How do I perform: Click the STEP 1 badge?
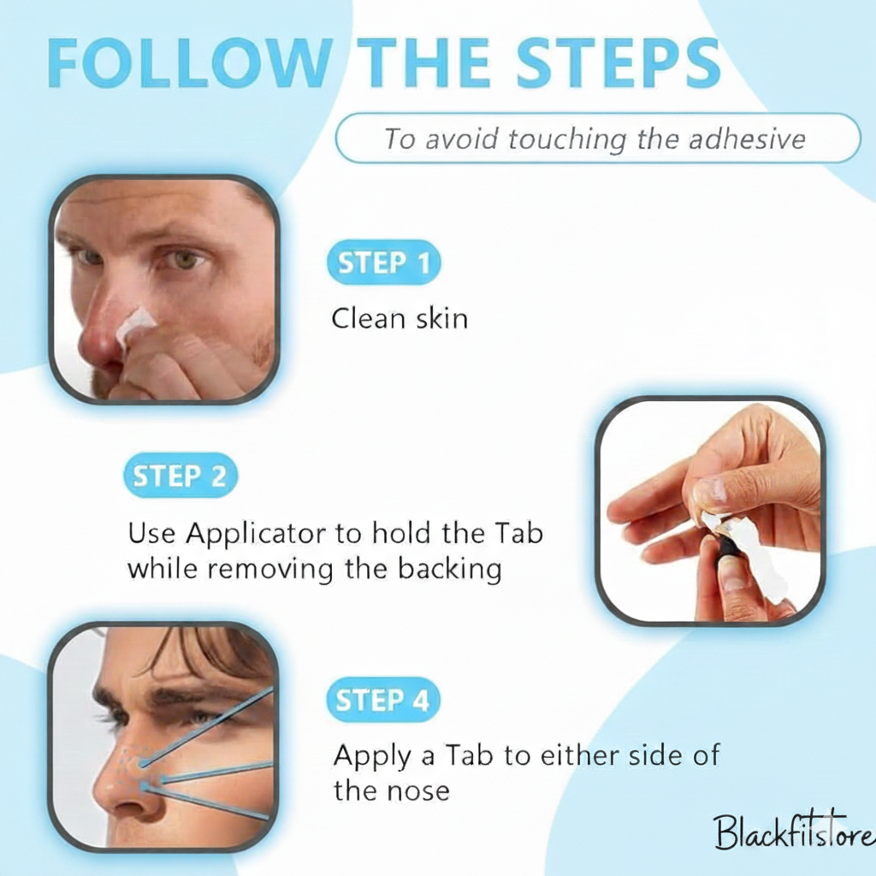(383, 263)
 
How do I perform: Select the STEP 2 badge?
(181, 476)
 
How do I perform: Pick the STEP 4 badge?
(382, 701)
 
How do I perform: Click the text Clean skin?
(400, 319)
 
